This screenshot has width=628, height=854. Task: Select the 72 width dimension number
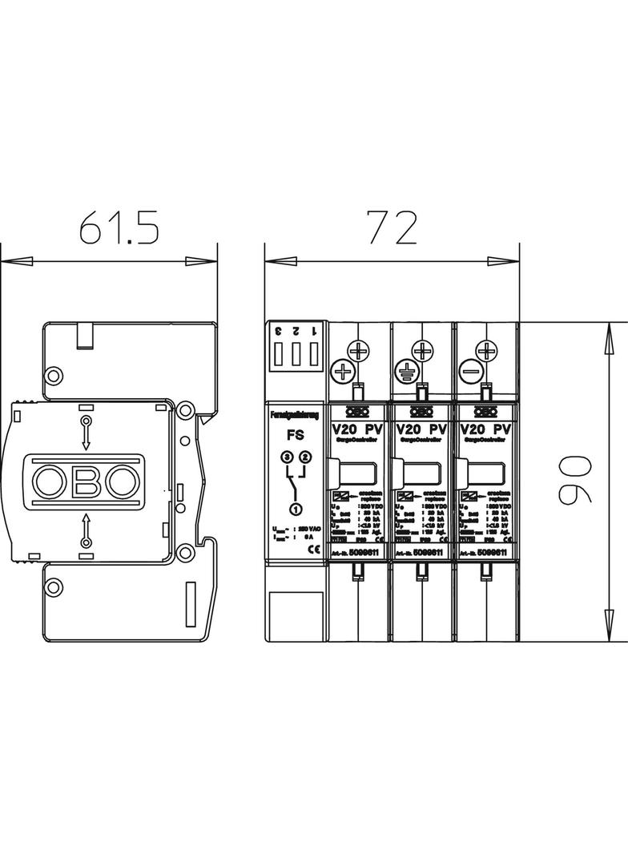click(392, 228)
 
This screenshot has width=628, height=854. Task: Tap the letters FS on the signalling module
click(295, 438)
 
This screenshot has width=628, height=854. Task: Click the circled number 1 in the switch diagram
click(295, 510)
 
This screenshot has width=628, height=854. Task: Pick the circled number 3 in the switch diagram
click(287, 457)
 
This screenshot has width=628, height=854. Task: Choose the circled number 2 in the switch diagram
click(304, 457)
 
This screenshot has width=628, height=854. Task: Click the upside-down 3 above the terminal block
click(277, 330)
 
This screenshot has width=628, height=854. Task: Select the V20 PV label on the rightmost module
click(485, 429)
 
